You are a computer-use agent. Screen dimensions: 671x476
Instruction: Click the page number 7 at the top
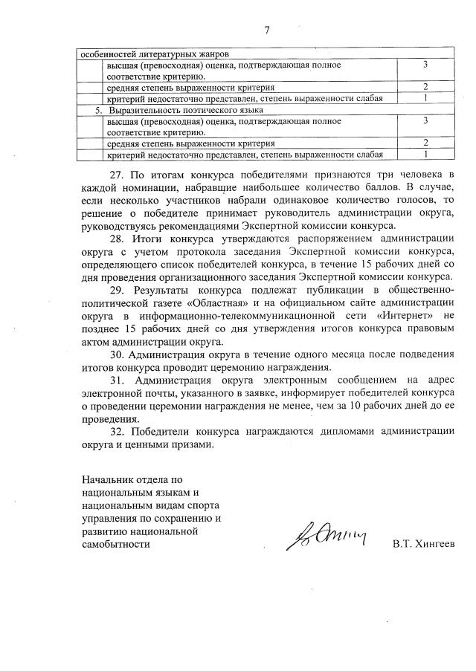[x=266, y=30]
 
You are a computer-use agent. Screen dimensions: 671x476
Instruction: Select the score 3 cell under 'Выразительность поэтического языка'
[x=425, y=120]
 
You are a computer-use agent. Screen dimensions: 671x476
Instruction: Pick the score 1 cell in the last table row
[x=425, y=155]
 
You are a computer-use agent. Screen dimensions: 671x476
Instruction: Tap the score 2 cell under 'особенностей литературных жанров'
[x=425, y=87]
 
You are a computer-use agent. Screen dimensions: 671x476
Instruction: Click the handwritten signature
[x=327, y=536]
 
